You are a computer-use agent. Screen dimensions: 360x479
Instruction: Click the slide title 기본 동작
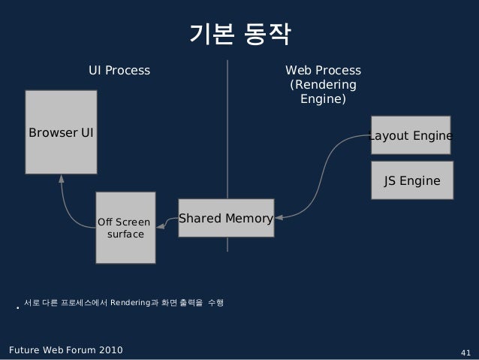[239, 34]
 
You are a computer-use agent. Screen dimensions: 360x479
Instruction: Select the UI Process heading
[119, 71]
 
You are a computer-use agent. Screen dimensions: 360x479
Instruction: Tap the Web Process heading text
[323, 71]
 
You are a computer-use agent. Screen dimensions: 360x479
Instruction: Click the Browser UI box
[61, 132]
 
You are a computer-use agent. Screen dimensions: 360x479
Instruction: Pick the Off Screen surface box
[125, 228]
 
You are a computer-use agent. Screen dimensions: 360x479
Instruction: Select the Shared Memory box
[226, 218]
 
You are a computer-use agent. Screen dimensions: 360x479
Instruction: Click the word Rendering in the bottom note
[130, 303]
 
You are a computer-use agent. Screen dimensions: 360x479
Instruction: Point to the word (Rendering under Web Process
[323, 85]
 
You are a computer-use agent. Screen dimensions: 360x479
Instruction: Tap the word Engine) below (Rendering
[323, 98]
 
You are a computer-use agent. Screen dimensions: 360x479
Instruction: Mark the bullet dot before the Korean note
[17, 307]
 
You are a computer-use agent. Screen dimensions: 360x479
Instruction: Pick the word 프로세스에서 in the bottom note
[84, 303]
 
